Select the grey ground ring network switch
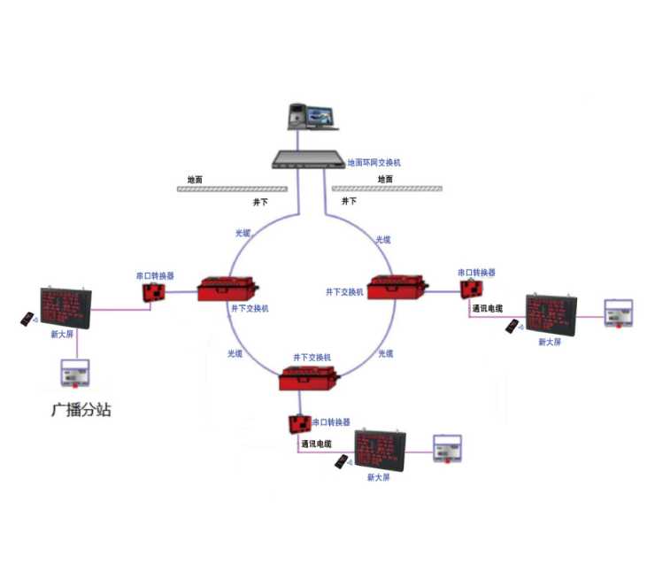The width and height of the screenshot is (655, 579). tap(307, 159)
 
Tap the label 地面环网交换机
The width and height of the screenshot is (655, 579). tap(374, 163)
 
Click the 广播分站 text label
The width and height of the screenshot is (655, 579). tap(81, 410)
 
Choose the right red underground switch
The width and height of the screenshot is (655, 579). tap(397, 285)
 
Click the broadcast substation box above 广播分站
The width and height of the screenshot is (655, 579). tap(75, 373)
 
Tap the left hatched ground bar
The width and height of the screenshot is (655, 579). tap(232, 189)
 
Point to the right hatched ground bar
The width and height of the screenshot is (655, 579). tap(386, 189)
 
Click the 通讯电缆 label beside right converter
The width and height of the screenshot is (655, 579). tap(488, 308)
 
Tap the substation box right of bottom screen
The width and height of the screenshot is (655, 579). tap(448, 449)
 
